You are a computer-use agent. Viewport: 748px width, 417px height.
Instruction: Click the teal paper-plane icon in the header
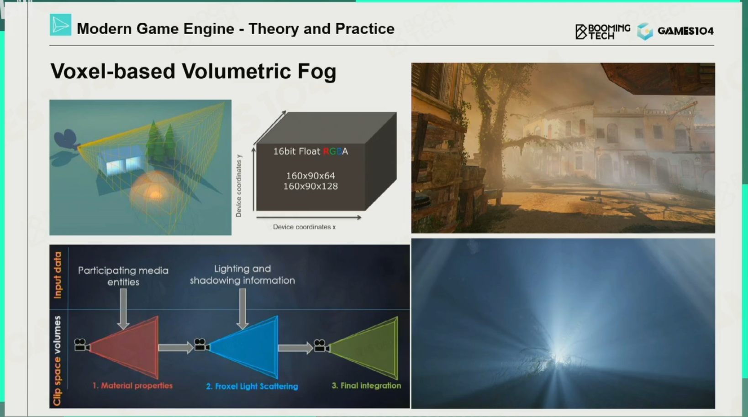(60, 25)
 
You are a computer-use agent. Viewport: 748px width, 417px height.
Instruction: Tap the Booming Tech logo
(603, 31)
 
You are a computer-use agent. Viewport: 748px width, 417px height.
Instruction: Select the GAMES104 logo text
(685, 31)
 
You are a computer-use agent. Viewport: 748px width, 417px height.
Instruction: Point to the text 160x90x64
(311, 176)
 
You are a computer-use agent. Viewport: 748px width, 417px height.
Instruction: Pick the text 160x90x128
(311, 186)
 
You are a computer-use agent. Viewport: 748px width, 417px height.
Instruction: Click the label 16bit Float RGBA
(311, 151)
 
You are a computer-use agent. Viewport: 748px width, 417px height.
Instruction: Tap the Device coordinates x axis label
(304, 227)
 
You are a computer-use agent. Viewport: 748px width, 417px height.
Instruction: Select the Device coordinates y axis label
(239, 186)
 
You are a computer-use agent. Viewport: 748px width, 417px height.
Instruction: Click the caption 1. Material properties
(132, 386)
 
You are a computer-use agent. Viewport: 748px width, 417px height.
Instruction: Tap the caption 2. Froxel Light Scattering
(252, 386)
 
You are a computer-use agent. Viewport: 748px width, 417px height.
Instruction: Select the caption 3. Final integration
(366, 386)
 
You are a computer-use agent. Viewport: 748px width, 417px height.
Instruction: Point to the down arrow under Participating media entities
(123, 309)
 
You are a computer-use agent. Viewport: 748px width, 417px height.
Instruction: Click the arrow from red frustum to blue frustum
(176, 348)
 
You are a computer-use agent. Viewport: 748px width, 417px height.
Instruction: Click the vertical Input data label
(58, 275)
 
